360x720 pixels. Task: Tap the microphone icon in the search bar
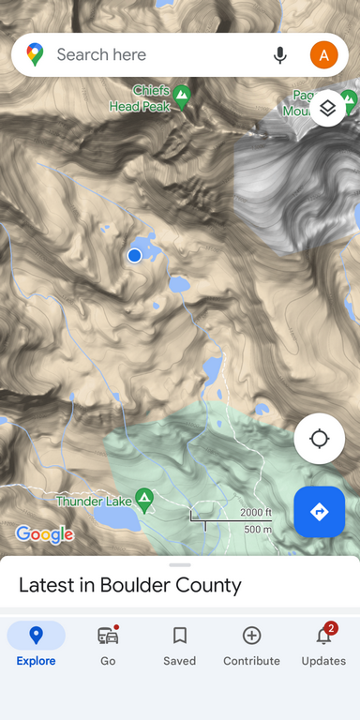tap(279, 55)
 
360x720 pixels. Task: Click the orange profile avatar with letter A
tap(323, 55)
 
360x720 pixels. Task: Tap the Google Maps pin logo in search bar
tap(35, 55)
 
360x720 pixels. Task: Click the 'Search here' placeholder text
tap(101, 55)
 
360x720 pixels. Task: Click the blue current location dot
tap(134, 255)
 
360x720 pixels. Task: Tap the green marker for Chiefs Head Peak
tap(181, 95)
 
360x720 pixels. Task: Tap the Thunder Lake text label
tap(93, 502)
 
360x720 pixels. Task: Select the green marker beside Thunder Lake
tap(144, 499)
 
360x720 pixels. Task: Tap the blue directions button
tap(319, 512)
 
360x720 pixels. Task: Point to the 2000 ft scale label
tap(255, 512)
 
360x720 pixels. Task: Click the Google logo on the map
tap(44, 534)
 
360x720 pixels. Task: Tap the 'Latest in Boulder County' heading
tap(130, 586)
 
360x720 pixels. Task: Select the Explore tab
tap(36, 645)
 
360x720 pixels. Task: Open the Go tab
tap(108, 645)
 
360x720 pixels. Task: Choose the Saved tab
tap(179, 645)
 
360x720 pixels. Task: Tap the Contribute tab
tap(251, 645)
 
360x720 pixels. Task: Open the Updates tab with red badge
tap(323, 645)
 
